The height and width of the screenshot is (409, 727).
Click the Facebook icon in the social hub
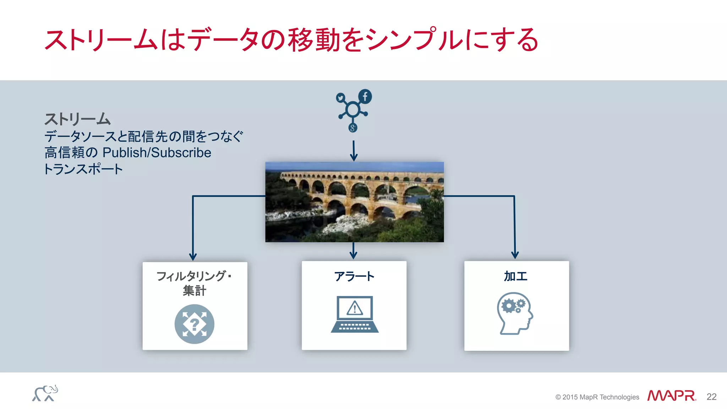pyautogui.click(x=365, y=97)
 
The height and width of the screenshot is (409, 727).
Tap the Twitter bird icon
pyautogui.click(x=341, y=98)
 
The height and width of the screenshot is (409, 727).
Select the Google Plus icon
pyautogui.click(x=352, y=128)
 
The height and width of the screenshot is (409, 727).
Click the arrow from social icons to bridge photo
pyautogui.click(x=354, y=151)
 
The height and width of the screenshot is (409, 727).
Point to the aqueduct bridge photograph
pyautogui.click(x=354, y=202)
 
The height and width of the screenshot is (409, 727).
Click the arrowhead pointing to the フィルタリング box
pyautogui.click(x=193, y=256)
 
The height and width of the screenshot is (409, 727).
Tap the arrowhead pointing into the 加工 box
pyautogui.click(x=515, y=255)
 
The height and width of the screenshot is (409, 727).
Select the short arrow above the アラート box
pyautogui.click(x=353, y=251)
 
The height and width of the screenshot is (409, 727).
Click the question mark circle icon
pyautogui.click(x=195, y=324)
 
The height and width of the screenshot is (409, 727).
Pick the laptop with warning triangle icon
pyautogui.click(x=355, y=314)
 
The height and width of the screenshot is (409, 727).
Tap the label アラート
pyautogui.click(x=354, y=276)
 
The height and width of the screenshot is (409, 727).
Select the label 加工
pyautogui.click(x=516, y=276)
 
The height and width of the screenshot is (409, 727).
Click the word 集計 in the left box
pyautogui.click(x=195, y=291)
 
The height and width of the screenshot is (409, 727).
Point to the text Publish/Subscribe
pyautogui.click(x=157, y=153)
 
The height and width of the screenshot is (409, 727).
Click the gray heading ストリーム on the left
pyautogui.click(x=77, y=119)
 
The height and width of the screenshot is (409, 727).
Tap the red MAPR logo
pyautogui.click(x=671, y=396)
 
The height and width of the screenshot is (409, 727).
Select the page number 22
pyautogui.click(x=711, y=397)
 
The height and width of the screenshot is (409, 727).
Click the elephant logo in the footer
pyautogui.click(x=45, y=393)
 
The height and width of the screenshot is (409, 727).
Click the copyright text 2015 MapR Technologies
pyautogui.click(x=597, y=397)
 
